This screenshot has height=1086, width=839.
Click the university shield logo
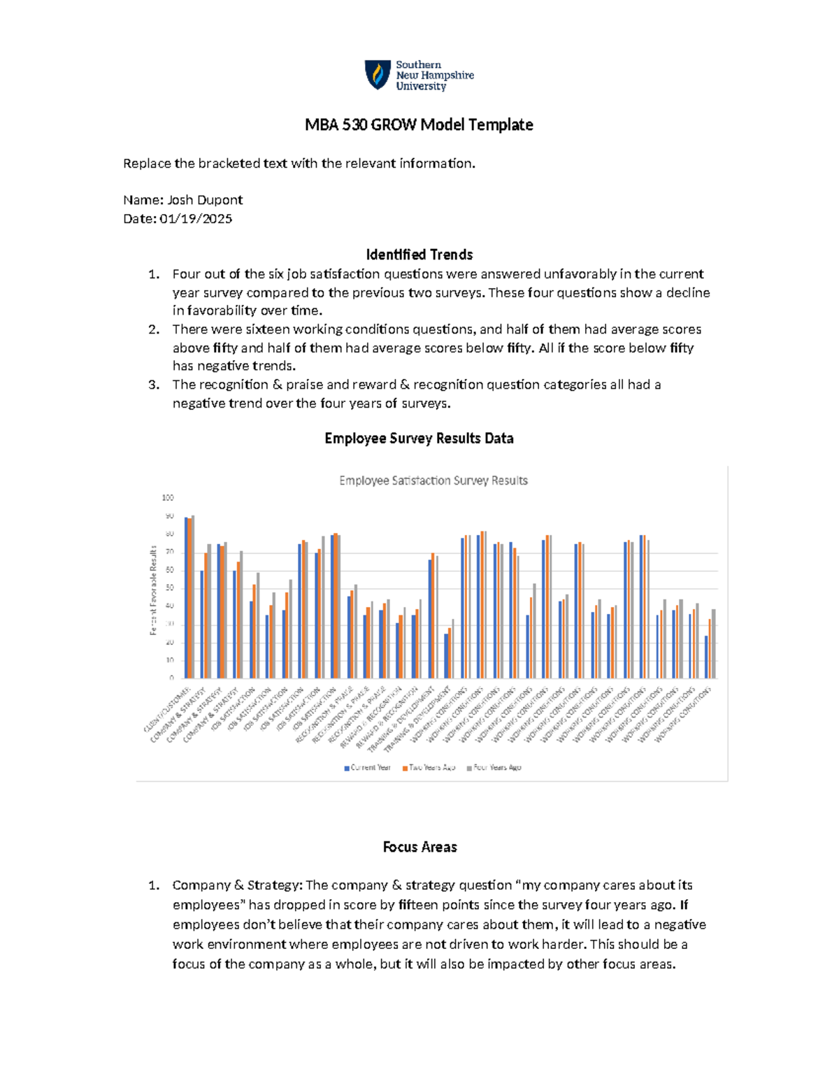[378, 75]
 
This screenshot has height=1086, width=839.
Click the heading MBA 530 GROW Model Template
[419, 125]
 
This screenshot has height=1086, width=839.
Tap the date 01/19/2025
[196, 219]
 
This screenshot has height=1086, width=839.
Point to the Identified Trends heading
[419, 255]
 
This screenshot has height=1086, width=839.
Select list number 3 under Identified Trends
[154, 385]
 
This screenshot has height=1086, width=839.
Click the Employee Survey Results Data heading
[419, 438]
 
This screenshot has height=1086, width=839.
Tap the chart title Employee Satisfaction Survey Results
[433, 481]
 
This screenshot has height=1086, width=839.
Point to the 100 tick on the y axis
[168, 498]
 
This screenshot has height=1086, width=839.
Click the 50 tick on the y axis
[169, 588]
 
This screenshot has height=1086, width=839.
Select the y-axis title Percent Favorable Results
[153, 591]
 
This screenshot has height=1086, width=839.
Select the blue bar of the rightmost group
[706, 657]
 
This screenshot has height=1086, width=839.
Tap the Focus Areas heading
[419, 847]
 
